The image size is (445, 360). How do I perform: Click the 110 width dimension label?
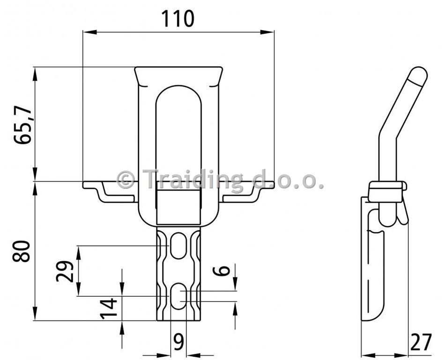[178, 19]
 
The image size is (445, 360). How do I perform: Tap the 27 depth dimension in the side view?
[421, 342]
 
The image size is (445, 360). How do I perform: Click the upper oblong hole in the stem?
[178, 246]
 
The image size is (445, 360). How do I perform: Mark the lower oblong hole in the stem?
[178, 296]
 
